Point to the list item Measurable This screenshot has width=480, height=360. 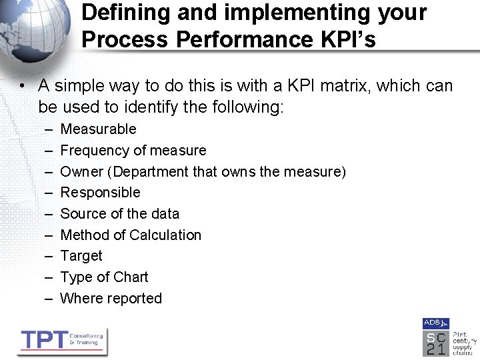pyautogui.click(x=98, y=129)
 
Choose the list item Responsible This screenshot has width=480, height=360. pyautogui.click(x=100, y=193)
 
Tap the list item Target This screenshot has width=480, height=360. pyautogui.click(x=81, y=256)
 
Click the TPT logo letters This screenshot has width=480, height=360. pyautogui.click(x=43, y=340)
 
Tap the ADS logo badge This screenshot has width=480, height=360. pyautogui.click(x=435, y=323)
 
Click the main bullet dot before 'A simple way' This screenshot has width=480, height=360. pyautogui.click(x=23, y=87)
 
